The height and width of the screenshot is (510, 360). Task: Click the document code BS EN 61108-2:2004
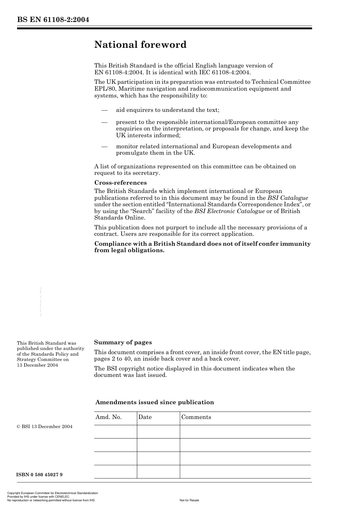click(53, 20)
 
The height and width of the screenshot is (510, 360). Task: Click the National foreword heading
click(140, 45)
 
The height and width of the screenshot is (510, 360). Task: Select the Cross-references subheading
click(120, 183)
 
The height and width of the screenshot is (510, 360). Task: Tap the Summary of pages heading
click(123, 342)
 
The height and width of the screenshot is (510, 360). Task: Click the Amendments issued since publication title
click(154, 402)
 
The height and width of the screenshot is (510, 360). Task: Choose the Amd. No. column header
click(108, 417)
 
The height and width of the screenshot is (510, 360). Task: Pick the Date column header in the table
click(145, 417)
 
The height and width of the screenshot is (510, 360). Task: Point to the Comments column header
click(196, 417)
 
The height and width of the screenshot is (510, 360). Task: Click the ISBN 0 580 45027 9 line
click(39, 475)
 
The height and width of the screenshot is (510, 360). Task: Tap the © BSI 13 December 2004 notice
click(45, 427)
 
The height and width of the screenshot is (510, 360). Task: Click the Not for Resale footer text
click(189, 500)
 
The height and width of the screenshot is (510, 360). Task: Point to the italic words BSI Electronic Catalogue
click(229, 211)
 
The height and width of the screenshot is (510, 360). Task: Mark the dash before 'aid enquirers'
click(105, 110)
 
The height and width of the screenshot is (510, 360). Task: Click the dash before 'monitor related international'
click(105, 146)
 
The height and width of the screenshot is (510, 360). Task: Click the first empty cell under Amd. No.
click(115, 432)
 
